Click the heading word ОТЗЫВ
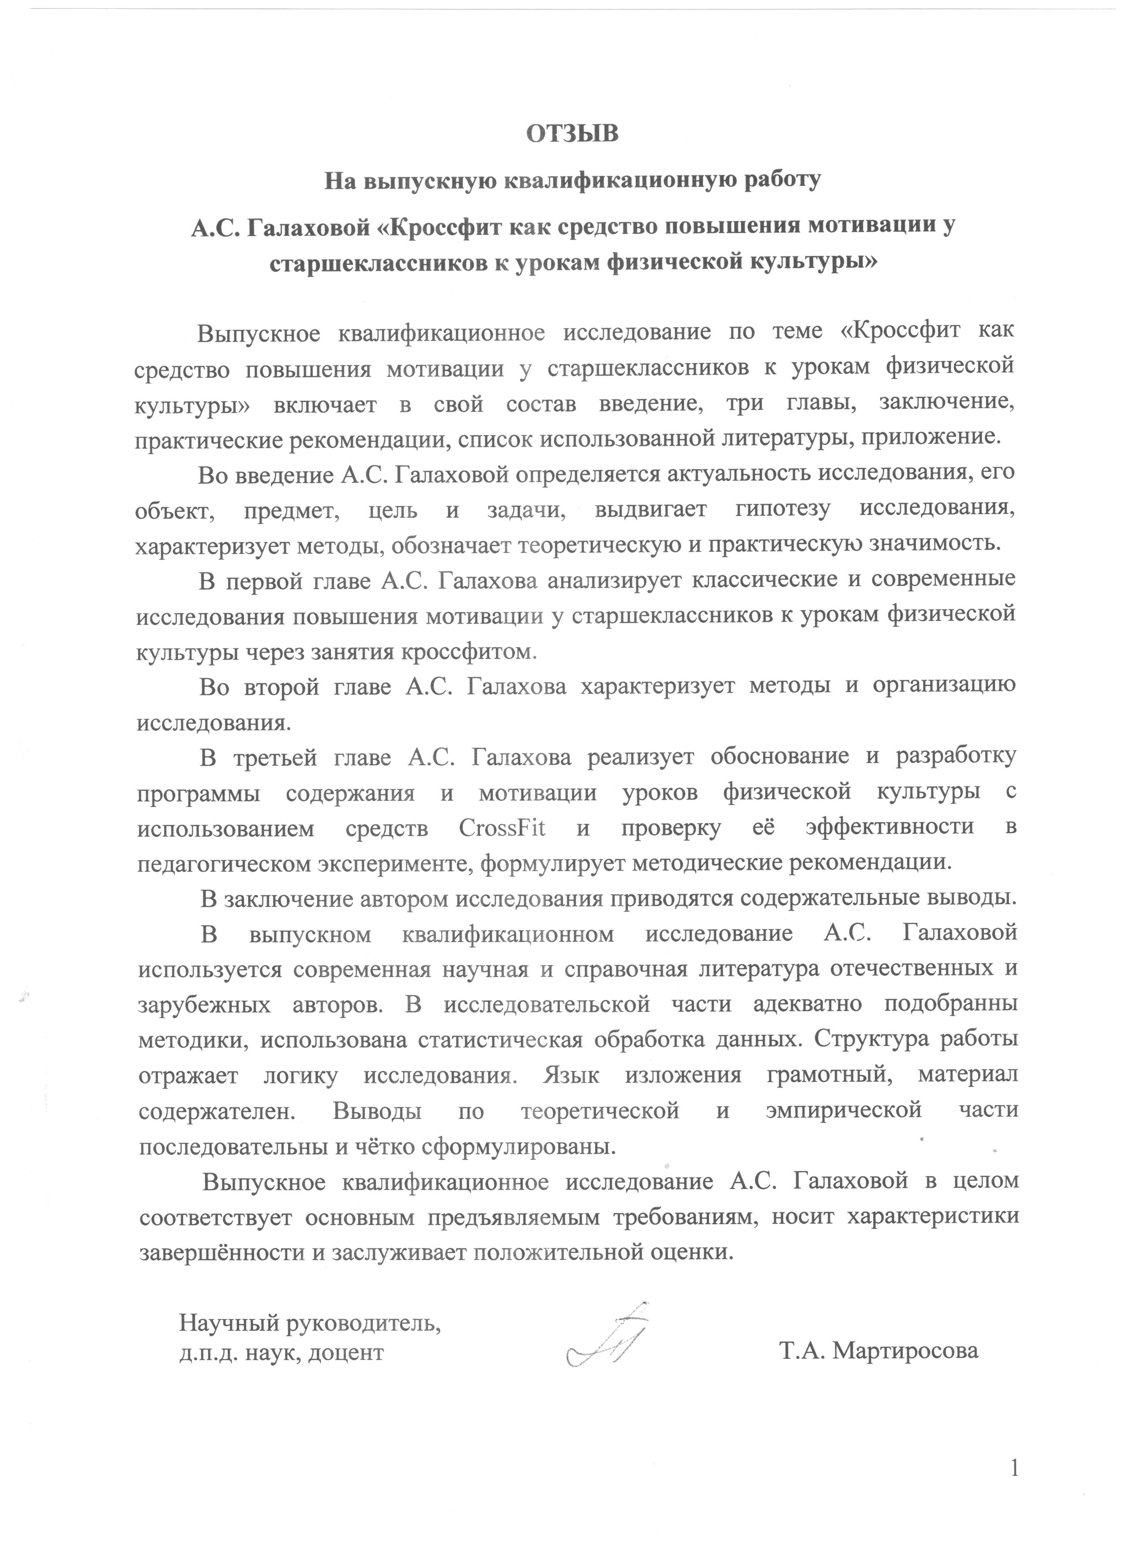[572, 133]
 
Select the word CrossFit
[502, 828]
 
